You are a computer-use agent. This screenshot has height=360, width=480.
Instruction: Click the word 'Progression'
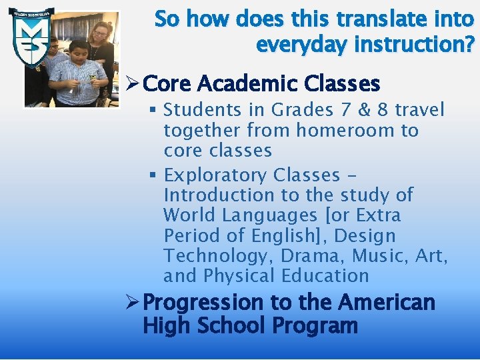[x=204, y=303]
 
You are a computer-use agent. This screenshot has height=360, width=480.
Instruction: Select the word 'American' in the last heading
[x=387, y=303]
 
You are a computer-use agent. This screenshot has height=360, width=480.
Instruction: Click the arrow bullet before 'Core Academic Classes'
[x=132, y=84]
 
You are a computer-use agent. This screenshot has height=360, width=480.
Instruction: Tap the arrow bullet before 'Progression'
[x=132, y=303]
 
